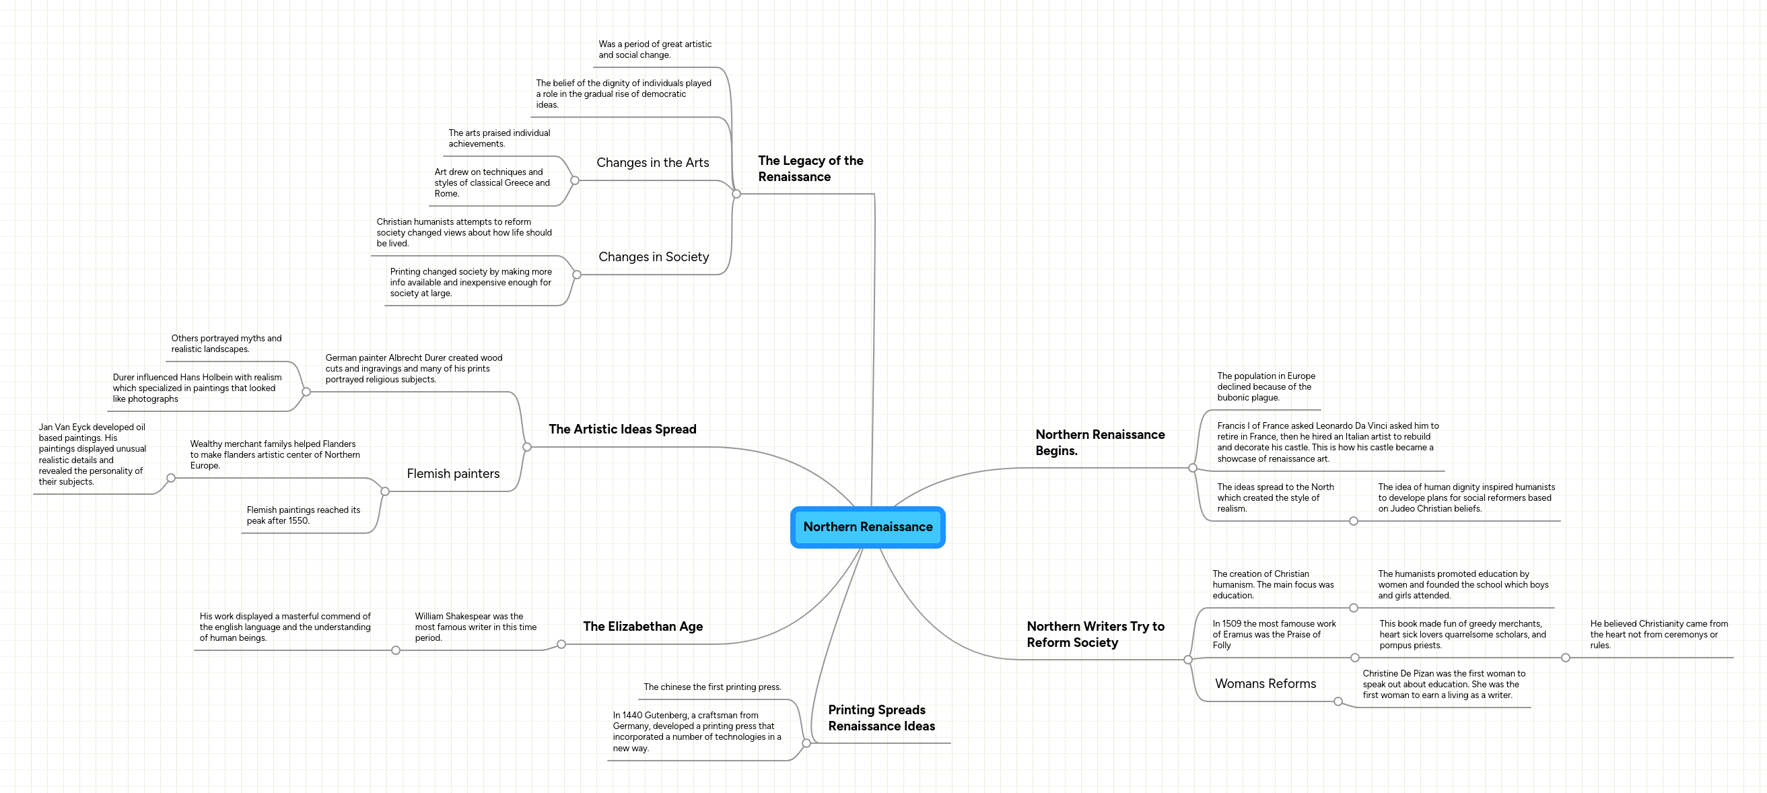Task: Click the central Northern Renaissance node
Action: pos(868,527)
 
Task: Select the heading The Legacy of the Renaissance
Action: pos(810,169)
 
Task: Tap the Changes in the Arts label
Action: pos(652,163)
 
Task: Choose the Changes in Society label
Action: pos(653,256)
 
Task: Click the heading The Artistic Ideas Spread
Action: pos(622,429)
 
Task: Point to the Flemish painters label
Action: pos(453,474)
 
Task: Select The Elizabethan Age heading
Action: pos(643,626)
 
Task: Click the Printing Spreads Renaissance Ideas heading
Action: pos(880,718)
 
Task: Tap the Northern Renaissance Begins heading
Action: pos(1099,442)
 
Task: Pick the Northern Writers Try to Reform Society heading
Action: pos(1095,635)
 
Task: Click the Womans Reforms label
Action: pos(1265,684)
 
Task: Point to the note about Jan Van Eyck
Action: pos(92,454)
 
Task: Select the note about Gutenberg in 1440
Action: pos(696,731)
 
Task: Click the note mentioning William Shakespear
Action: pos(475,627)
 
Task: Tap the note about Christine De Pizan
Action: pos(1443,684)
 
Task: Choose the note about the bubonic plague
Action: pos(1266,387)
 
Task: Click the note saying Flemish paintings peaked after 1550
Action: pos(303,515)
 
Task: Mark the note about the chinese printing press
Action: pos(712,687)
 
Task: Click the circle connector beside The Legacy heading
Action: pos(736,194)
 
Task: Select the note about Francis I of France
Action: pos(1327,442)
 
